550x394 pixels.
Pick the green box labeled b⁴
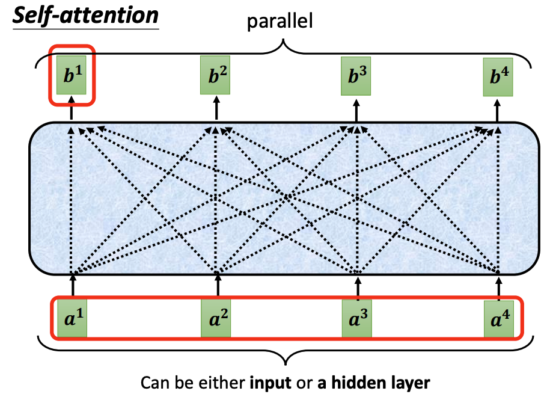pos(498,79)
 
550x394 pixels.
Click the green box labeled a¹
pos(72,318)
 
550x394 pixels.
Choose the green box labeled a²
pos(216,318)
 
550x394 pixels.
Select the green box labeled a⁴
pos(499,318)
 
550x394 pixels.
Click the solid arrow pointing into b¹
pos(72,108)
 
